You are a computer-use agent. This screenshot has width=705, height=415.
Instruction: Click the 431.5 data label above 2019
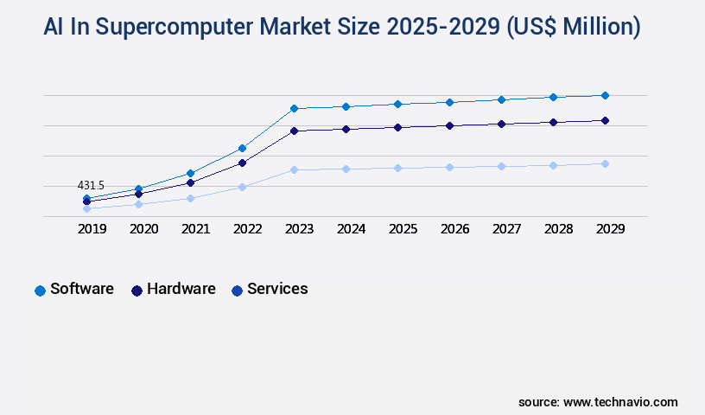point(91,186)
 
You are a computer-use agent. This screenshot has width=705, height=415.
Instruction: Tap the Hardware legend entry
point(173,290)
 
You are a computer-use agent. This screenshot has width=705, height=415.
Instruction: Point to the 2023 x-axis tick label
point(299,229)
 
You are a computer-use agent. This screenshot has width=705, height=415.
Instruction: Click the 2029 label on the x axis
point(610,229)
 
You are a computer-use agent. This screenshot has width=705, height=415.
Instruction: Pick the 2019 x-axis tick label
point(92,229)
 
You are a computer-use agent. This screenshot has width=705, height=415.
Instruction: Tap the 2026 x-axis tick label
point(454,229)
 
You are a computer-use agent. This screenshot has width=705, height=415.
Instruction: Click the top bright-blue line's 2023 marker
point(294,108)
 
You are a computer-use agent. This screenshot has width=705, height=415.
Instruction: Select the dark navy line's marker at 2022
point(242,163)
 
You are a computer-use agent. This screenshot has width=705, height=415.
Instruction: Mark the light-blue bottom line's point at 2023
point(294,169)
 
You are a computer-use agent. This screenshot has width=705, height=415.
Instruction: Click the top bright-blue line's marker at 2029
point(605,95)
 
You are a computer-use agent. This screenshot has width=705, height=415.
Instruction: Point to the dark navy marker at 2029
point(605,120)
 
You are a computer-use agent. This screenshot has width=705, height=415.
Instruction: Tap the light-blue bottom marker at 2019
point(86,208)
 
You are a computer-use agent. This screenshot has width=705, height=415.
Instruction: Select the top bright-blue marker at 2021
point(190,173)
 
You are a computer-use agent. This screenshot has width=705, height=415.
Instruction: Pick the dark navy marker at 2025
point(397,127)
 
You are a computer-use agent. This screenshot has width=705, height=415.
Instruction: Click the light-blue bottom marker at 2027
point(501,166)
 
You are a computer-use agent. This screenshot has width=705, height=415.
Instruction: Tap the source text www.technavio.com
point(620,402)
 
